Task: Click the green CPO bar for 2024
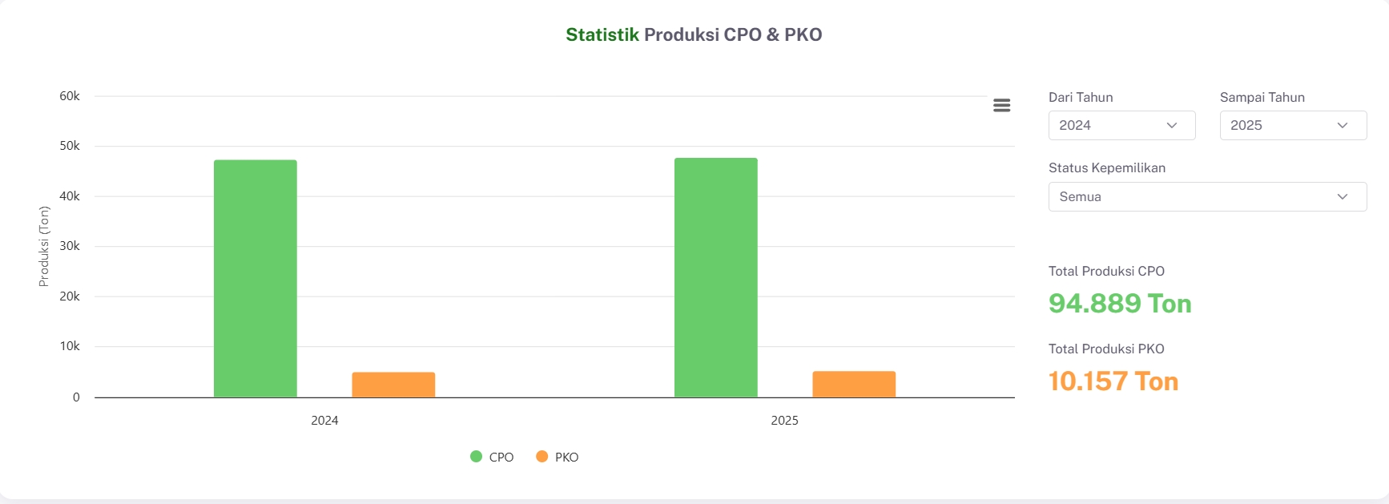click(255, 278)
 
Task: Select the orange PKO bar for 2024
click(393, 385)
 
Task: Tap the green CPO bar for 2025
click(715, 277)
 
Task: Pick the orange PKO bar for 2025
click(854, 384)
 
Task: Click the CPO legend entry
click(492, 457)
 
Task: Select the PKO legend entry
click(558, 457)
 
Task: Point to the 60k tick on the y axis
click(70, 96)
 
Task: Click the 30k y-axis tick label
click(70, 246)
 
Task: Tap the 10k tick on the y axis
click(70, 346)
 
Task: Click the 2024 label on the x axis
click(324, 421)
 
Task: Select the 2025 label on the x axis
click(784, 421)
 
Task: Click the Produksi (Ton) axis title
click(44, 246)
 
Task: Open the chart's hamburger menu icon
click(1001, 106)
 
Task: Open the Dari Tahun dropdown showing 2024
click(1121, 126)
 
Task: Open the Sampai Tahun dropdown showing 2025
click(1293, 126)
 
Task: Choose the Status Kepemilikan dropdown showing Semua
click(1207, 197)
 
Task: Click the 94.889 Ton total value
click(1120, 304)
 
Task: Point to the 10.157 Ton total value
click(1113, 381)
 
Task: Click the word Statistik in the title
click(602, 34)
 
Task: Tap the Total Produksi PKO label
click(1106, 349)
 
